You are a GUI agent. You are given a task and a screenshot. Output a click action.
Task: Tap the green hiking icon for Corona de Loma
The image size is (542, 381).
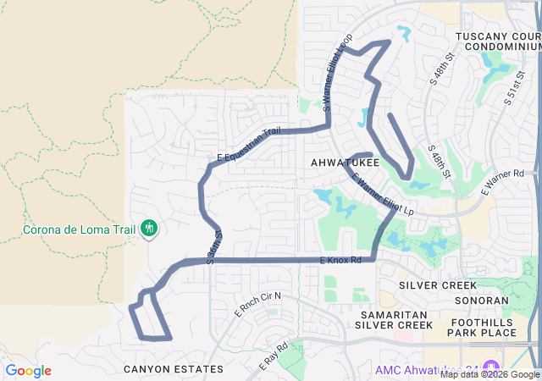click(x=149, y=227)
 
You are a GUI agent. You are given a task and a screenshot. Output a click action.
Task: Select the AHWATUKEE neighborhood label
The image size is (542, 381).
click(x=344, y=162)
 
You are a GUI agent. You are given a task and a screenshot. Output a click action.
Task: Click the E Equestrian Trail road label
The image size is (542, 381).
click(x=248, y=145)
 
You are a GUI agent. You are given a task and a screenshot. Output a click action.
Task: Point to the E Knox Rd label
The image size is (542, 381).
click(x=340, y=260)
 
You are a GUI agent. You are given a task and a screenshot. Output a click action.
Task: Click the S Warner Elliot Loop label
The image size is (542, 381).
click(x=337, y=73)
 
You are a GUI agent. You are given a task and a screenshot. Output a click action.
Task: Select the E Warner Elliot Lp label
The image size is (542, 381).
click(x=383, y=194)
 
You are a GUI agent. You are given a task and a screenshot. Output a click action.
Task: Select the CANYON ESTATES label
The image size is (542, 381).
click(x=174, y=369)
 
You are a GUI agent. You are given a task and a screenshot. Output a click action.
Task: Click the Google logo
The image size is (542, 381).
click(x=28, y=371)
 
